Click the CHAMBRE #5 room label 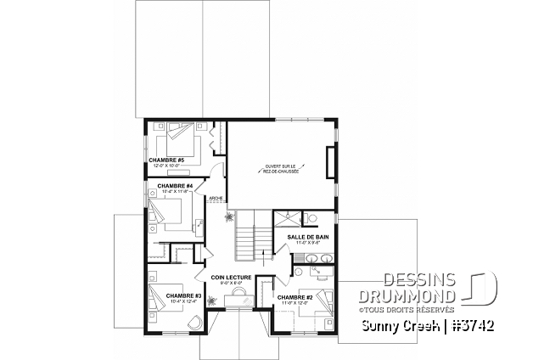click(x=166, y=159)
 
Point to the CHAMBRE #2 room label click(x=295, y=297)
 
